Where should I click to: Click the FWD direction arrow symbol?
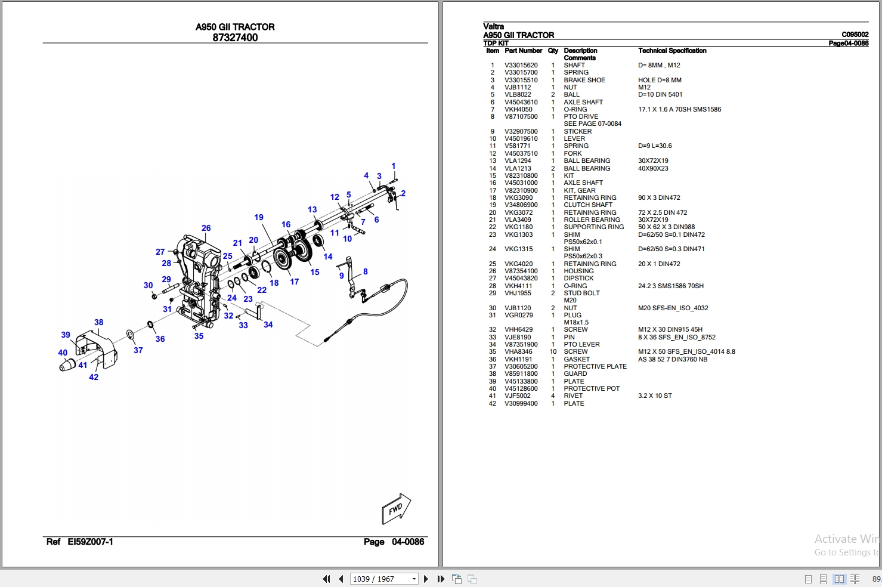pyautogui.click(x=396, y=509)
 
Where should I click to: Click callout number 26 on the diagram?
pyautogui.click(x=206, y=228)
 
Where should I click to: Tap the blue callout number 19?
pyautogui.click(x=258, y=217)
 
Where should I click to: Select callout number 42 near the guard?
pyautogui.click(x=94, y=377)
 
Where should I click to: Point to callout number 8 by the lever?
pyautogui.click(x=365, y=271)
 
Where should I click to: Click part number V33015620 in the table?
pyautogui.click(x=521, y=66)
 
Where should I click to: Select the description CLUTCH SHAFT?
pyautogui.click(x=587, y=205)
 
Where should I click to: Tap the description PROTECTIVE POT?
pyautogui.click(x=591, y=388)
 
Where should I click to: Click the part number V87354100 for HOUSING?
pyautogui.click(x=521, y=271)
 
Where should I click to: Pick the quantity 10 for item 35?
pyautogui.click(x=553, y=351)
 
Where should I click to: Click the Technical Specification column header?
pyautogui.click(x=671, y=51)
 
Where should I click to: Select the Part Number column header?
pyautogui.click(x=523, y=51)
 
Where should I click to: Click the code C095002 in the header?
pyautogui.click(x=855, y=35)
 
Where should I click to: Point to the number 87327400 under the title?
pyautogui.click(x=235, y=38)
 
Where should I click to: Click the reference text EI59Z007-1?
pyautogui.click(x=90, y=542)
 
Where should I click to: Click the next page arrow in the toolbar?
pyautogui.click(x=426, y=579)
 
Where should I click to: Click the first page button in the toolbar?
pyautogui.click(x=326, y=579)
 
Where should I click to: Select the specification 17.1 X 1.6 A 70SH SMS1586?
pyautogui.click(x=679, y=109)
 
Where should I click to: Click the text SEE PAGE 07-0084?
pyautogui.click(x=592, y=123)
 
